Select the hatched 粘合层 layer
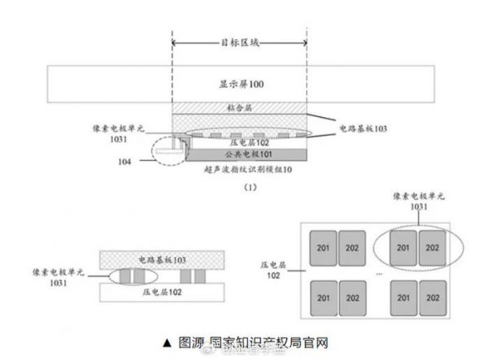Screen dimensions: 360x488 238,107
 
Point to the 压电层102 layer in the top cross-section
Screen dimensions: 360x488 238,143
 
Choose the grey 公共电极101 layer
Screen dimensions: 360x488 238,154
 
